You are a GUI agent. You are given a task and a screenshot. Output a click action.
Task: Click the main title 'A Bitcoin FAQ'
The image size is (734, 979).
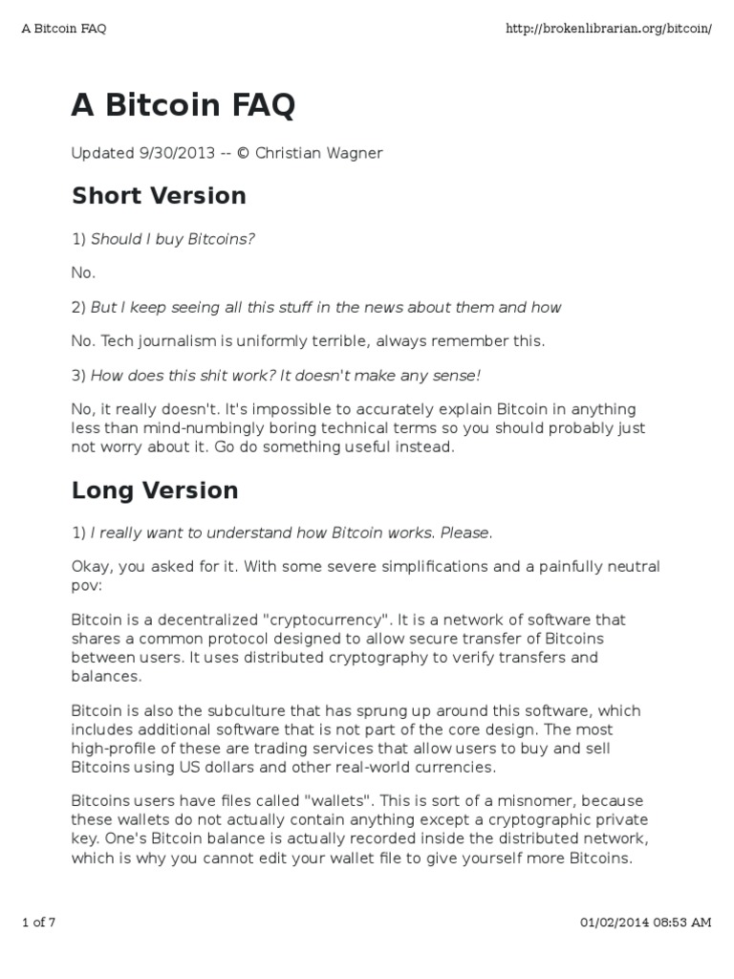(x=183, y=107)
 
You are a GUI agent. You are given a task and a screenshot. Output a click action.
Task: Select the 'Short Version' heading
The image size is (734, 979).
(x=159, y=196)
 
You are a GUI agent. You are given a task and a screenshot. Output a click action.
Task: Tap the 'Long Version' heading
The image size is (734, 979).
(x=155, y=490)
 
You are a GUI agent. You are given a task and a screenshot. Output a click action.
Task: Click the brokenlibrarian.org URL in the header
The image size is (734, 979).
(x=608, y=28)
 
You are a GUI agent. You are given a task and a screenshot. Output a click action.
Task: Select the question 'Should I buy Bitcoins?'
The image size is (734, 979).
(x=173, y=238)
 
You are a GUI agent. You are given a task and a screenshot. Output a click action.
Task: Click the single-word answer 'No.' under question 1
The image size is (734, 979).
(x=84, y=272)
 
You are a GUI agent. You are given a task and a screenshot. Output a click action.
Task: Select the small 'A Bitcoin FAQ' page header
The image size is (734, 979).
(x=63, y=28)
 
